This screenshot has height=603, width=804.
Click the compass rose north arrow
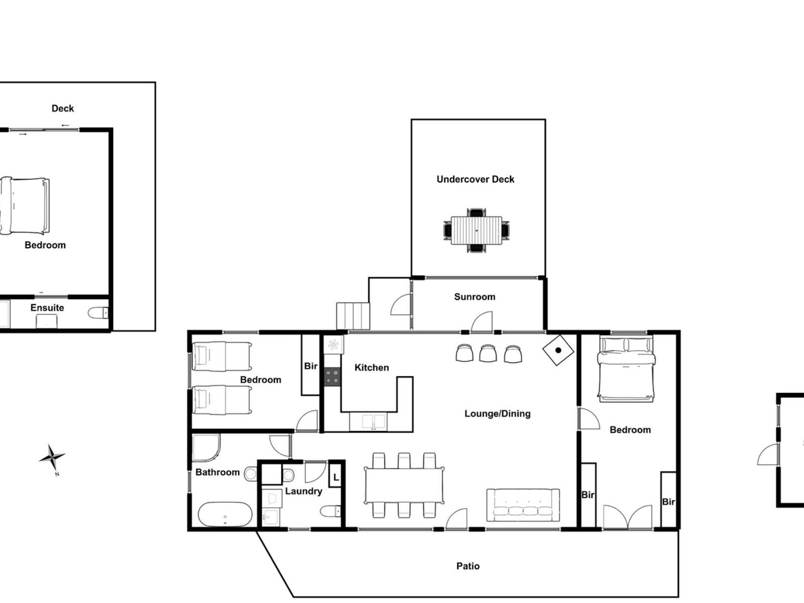tap(52, 458)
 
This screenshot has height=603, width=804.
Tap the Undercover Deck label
tap(475, 179)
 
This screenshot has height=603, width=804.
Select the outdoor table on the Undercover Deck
tap(476, 230)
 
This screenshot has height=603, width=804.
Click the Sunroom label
tap(474, 296)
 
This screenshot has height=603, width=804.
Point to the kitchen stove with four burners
tap(332, 377)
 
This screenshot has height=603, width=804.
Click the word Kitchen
tap(371, 367)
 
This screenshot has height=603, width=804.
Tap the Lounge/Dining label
tap(497, 414)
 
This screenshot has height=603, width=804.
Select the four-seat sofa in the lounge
tap(523, 505)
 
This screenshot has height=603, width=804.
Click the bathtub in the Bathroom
tap(225, 514)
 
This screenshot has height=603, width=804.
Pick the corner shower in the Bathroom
tap(206, 447)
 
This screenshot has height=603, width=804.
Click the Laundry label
tap(304, 491)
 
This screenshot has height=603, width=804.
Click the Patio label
tap(468, 566)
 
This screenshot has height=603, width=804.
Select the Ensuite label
tap(47, 308)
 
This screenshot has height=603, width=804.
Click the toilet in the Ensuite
tap(98, 313)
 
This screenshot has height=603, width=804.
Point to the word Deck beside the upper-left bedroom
tap(63, 109)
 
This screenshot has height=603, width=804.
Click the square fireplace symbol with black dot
tap(558, 350)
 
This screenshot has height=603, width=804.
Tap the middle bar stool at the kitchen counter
tap(488, 354)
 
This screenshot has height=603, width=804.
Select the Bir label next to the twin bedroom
tap(311, 366)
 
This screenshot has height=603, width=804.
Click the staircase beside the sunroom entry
tap(353, 316)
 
